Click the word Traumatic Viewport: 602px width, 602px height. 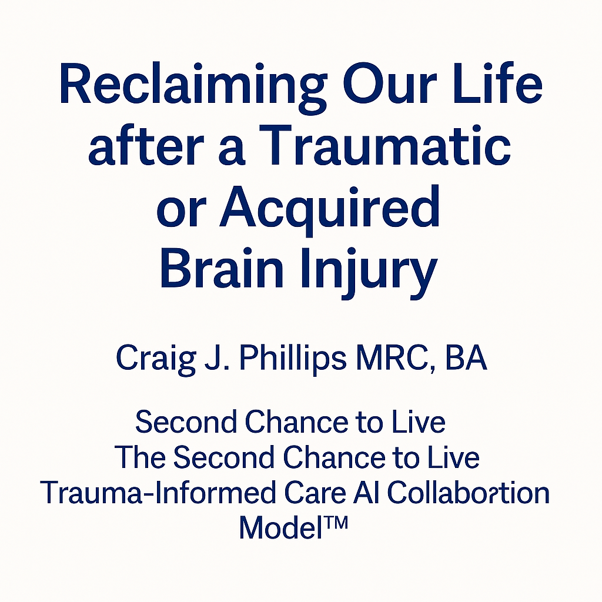tap(384, 146)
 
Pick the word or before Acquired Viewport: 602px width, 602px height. tap(182, 213)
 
